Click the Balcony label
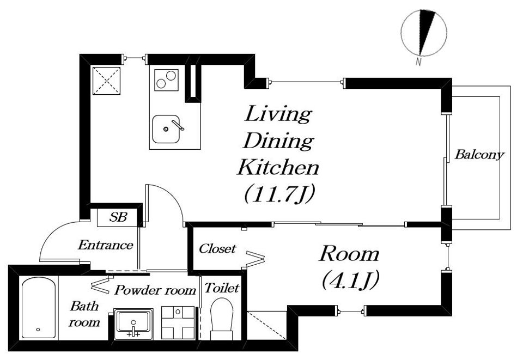click(x=479, y=155)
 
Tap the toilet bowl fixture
click(x=222, y=319)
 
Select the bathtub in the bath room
click(x=38, y=308)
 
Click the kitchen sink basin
click(x=166, y=129)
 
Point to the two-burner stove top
click(x=166, y=80)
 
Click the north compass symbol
click(x=424, y=32)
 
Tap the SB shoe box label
click(x=118, y=217)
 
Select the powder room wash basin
click(x=133, y=324)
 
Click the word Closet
click(x=217, y=249)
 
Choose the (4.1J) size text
click(x=350, y=280)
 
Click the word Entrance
click(x=105, y=245)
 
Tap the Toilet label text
click(x=222, y=288)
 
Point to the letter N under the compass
click(x=418, y=62)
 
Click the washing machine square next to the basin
click(x=178, y=322)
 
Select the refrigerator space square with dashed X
click(x=106, y=81)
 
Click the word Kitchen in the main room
click(x=278, y=167)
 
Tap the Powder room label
click(x=155, y=290)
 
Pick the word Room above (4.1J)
click(x=349, y=254)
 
